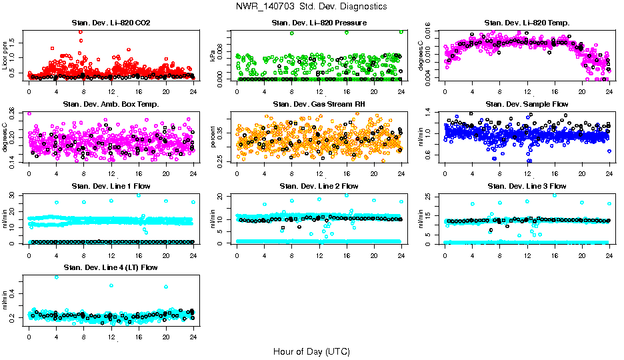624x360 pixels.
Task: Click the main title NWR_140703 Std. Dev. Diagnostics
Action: (x=311, y=7)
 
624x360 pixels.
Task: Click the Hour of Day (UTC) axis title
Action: (x=311, y=351)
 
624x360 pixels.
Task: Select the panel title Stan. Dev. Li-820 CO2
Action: (x=111, y=23)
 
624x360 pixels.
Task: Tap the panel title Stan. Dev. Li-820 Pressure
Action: (x=319, y=23)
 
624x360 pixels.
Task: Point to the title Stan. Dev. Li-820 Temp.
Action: (x=527, y=23)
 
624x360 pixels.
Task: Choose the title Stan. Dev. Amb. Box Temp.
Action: (x=111, y=105)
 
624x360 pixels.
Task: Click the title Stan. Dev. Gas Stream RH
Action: (x=319, y=105)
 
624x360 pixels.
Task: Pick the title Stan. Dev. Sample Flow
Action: (x=527, y=105)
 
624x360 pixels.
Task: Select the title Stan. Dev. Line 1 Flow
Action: (x=111, y=186)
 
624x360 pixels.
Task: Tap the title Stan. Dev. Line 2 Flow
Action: (x=319, y=186)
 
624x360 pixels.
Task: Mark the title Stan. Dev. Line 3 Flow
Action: (x=527, y=186)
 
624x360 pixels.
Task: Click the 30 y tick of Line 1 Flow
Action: (x=15, y=195)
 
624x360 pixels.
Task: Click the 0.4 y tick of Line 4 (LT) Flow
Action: (x=15, y=292)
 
